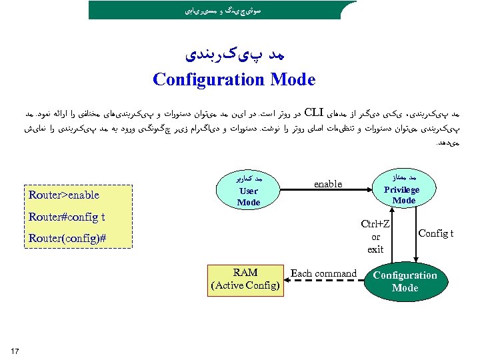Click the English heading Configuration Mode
click(x=233, y=79)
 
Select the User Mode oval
click(x=249, y=191)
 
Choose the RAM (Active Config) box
click(x=244, y=279)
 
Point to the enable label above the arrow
click(x=327, y=183)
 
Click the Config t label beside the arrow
click(x=436, y=233)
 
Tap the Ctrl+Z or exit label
click(x=375, y=236)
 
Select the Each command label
click(x=323, y=273)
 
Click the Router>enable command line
click(x=64, y=195)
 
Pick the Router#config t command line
click(x=67, y=217)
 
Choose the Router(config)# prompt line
click(x=67, y=239)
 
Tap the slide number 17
click(x=15, y=351)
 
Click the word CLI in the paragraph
click(x=313, y=111)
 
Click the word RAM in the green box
click(x=245, y=273)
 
